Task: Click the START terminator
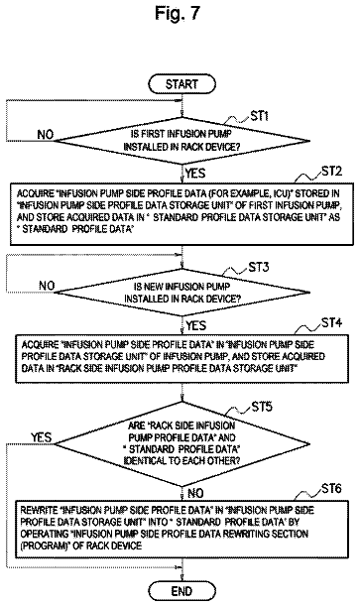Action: point(181,84)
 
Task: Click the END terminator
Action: point(181,591)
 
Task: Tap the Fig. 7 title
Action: point(178,14)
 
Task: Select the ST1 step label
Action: point(260,116)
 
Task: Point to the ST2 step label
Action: point(332,172)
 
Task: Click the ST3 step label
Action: point(259,267)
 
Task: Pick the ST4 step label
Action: point(332,322)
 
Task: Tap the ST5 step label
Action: point(262,407)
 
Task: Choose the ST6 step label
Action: point(332,489)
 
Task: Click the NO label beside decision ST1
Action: point(46,134)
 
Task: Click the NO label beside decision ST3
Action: point(47,286)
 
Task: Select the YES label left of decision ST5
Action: point(42,437)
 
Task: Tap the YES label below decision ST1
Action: point(195,173)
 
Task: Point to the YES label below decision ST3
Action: point(196,325)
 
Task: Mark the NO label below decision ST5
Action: point(195,493)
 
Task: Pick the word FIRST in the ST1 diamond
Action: point(154,134)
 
